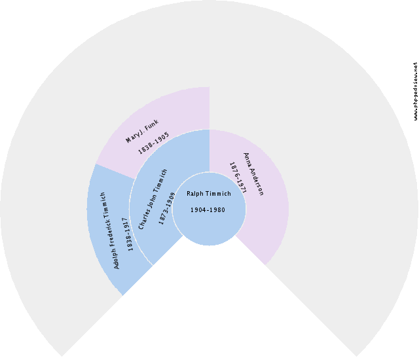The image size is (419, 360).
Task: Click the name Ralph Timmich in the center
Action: click(209, 194)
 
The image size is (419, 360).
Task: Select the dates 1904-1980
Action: click(209, 210)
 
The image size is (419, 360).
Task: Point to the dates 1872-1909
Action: click(168, 208)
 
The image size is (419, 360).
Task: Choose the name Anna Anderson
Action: click(253, 174)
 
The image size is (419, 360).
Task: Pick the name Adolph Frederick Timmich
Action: click(109, 230)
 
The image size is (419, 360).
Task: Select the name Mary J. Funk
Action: click(142, 131)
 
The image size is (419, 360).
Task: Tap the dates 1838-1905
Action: click(153, 143)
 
